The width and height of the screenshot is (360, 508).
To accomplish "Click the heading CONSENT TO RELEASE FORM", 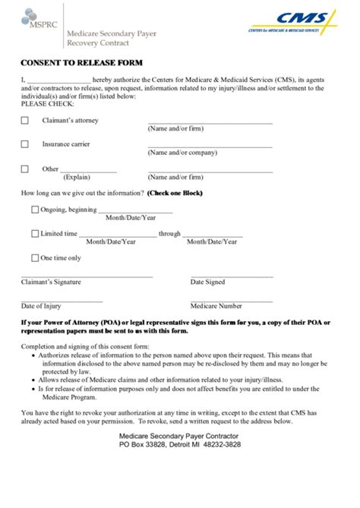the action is point(81,62).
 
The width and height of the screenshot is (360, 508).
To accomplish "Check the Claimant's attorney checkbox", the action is point(25,121).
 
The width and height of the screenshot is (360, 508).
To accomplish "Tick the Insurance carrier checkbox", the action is point(25,144).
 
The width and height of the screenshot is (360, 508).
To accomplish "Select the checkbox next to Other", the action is point(25,169).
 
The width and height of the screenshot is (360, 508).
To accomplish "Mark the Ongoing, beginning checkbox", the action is point(35,210).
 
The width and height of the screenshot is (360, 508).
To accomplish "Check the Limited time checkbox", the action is point(35,234).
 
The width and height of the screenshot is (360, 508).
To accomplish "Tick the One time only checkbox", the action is point(35,258).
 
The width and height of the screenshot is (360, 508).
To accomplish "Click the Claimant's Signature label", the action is point(51,282).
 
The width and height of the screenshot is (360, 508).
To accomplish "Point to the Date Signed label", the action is point(207,282).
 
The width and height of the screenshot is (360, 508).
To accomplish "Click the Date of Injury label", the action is point(42,306).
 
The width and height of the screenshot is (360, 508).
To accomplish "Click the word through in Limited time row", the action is point(169,234).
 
